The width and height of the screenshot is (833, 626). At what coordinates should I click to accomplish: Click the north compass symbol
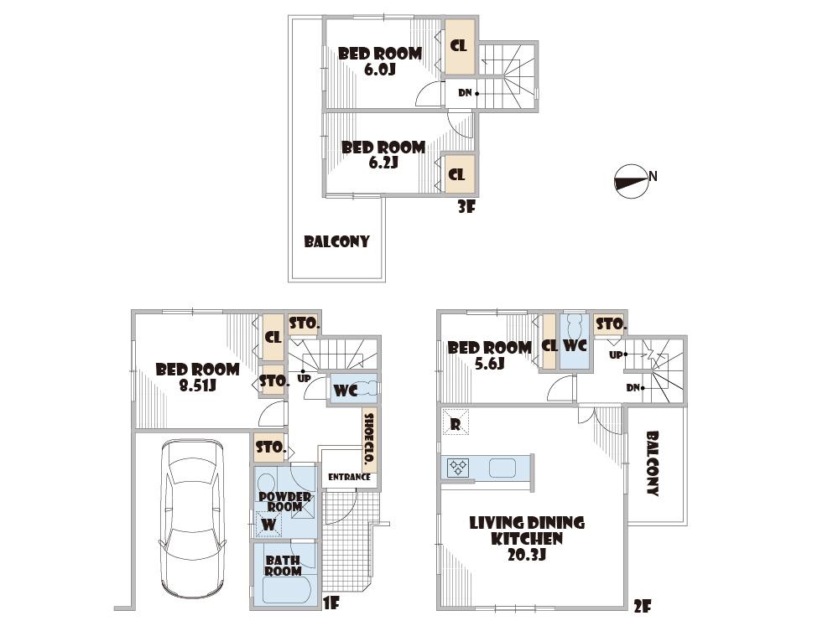[x=632, y=182]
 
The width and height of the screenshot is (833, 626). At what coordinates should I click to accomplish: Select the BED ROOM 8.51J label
[x=197, y=377]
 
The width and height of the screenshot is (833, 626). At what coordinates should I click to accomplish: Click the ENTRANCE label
[x=349, y=477]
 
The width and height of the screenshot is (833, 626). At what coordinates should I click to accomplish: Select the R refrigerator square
[x=456, y=423]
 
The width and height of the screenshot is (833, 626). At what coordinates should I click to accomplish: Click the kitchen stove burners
[x=459, y=467]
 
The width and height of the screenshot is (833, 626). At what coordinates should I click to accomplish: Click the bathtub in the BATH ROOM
[x=286, y=590]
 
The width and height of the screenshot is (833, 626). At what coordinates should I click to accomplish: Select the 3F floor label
[x=466, y=206]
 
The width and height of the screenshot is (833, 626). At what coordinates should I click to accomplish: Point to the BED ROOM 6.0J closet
[x=459, y=46]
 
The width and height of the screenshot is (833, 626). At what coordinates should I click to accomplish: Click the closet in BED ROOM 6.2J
[x=458, y=175]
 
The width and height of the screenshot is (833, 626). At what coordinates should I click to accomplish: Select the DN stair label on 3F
[x=465, y=93]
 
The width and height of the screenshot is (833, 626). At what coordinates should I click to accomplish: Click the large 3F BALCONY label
[x=336, y=241]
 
